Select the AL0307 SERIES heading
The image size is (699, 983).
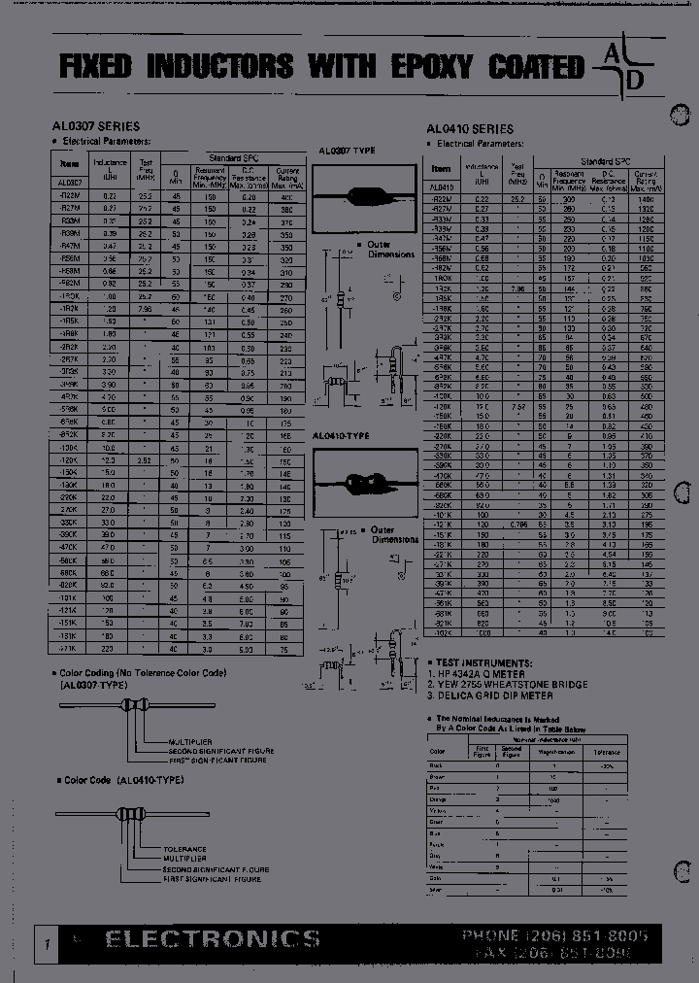[x=96, y=126]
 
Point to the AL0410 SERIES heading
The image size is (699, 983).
[x=470, y=128]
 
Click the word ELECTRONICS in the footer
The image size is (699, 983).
[x=212, y=938]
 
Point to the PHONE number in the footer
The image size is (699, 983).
[x=557, y=934]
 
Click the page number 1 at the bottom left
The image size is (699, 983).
[x=46, y=944]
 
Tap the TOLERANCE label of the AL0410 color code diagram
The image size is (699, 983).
[x=185, y=848]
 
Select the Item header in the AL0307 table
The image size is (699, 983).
[x=69, y=164]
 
